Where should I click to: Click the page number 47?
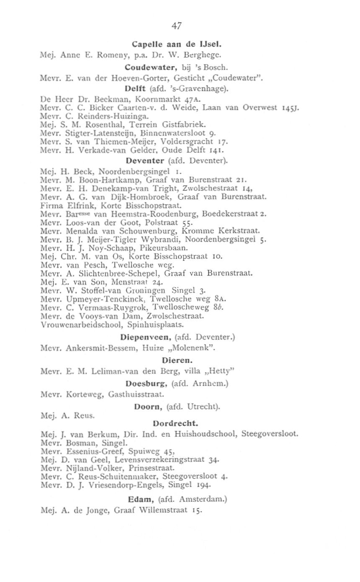(x=176, y=26)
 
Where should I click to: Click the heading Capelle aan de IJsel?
(x=176, y=44)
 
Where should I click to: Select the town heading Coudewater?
(x=144, y=66)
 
